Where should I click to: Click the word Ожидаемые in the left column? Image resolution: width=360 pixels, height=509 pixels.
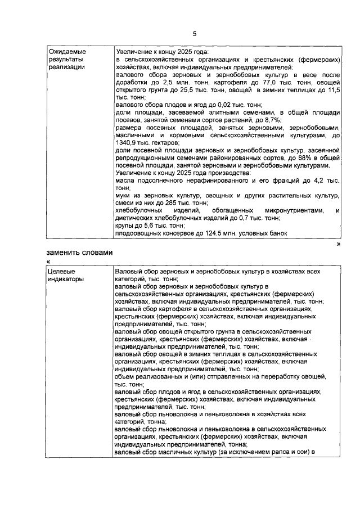[x=66, y=51]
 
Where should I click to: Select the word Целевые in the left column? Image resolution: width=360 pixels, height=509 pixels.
[x=61, y=271]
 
